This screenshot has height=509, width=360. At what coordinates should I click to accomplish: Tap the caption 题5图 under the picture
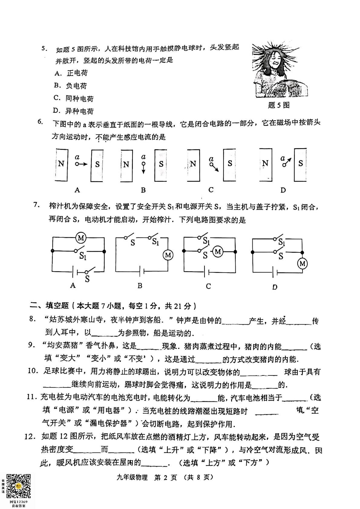coord(279,105)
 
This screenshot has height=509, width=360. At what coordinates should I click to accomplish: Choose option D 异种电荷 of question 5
coord(74,111)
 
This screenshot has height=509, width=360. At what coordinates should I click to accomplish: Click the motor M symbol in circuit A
coord(81,238)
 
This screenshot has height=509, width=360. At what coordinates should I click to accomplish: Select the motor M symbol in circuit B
coord(168,255)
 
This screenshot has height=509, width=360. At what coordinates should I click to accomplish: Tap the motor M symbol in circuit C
coord(218,251)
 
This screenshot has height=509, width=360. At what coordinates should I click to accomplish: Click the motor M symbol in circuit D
coord(302,264)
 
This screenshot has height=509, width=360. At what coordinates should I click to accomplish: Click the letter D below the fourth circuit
coord(275,287)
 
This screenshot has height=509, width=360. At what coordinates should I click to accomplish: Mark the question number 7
coord(37,205)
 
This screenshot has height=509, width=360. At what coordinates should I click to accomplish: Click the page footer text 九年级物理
coord(132,477)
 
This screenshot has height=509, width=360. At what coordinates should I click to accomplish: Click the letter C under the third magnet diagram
coord(211,190)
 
